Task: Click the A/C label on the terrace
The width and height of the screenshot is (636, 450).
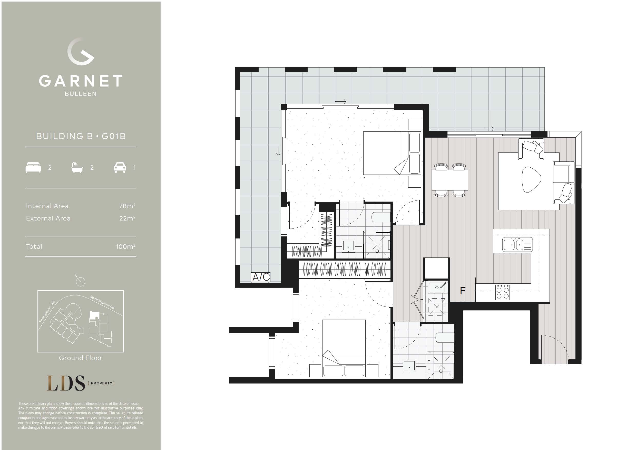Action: (x=261, y=277)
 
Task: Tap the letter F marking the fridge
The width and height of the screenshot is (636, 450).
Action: (x=463, y=291)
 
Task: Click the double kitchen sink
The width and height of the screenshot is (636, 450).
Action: (x=517, y=245)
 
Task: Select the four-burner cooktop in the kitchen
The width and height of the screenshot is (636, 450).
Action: (x=503, y=292)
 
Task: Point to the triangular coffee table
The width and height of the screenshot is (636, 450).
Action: (x=531, y=179)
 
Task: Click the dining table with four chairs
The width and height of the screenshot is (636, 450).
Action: (x=450, y=180)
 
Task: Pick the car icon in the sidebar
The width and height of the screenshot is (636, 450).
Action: (x=120, y=168)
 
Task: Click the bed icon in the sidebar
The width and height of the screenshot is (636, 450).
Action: (x=33, y=168)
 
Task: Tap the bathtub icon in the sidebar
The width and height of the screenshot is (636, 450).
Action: (x=77, y=168)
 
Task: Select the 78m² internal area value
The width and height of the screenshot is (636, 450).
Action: (x=127, y=206)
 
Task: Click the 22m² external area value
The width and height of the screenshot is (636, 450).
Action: (x=127, y=218)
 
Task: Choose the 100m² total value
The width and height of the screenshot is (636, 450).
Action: (x=125, y=247)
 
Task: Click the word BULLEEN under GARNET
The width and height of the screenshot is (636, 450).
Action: (x=81, y=94)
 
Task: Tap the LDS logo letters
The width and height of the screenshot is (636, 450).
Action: (x=66, y=383)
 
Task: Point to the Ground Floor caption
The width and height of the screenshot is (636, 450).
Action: (x=81, y=358)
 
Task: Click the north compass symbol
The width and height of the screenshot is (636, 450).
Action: (x=80, y=282)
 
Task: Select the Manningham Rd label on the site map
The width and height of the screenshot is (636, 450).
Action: (x=102, y=302)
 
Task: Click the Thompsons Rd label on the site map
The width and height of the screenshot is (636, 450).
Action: (x=47, y=312)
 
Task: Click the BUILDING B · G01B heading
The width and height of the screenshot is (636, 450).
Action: (x=81, y=136)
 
